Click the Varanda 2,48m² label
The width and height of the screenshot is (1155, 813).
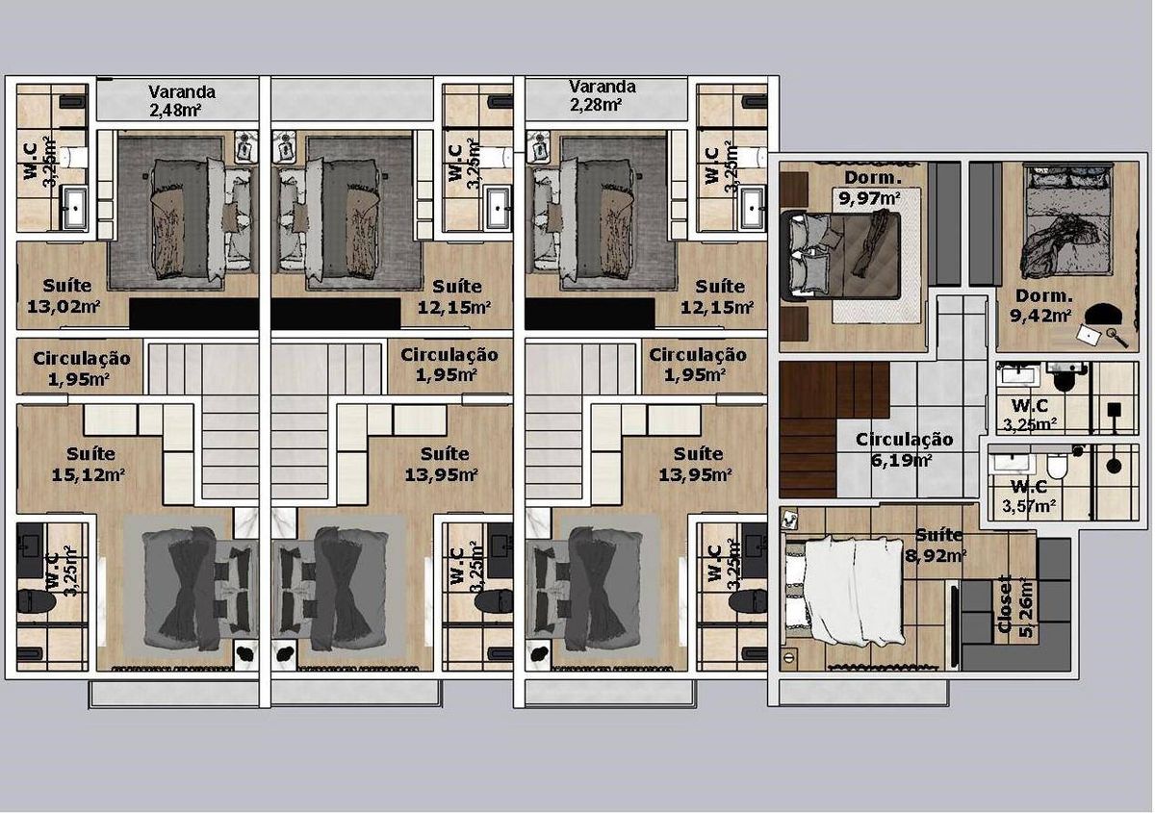click(182, 101)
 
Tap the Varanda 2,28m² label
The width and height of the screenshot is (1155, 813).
click(602, 95)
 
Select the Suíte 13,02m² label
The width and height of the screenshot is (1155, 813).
click(64, 296)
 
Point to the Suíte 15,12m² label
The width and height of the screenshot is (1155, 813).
click(88, 464)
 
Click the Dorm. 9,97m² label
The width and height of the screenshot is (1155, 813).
click(872, 189)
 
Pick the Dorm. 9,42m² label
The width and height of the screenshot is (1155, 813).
click(1041, 306)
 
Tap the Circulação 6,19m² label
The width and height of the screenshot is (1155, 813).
click(905, 449)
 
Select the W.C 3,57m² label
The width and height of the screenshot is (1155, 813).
click(1029, 495)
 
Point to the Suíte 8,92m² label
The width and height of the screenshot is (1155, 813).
click(936, 545)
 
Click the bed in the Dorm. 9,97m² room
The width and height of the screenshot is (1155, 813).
click(841, 256)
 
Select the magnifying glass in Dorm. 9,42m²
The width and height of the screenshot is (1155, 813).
click(1117, 338)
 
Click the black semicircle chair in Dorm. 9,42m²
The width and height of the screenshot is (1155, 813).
click(1102, 313)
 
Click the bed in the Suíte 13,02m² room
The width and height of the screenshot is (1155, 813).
click(201, 220)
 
